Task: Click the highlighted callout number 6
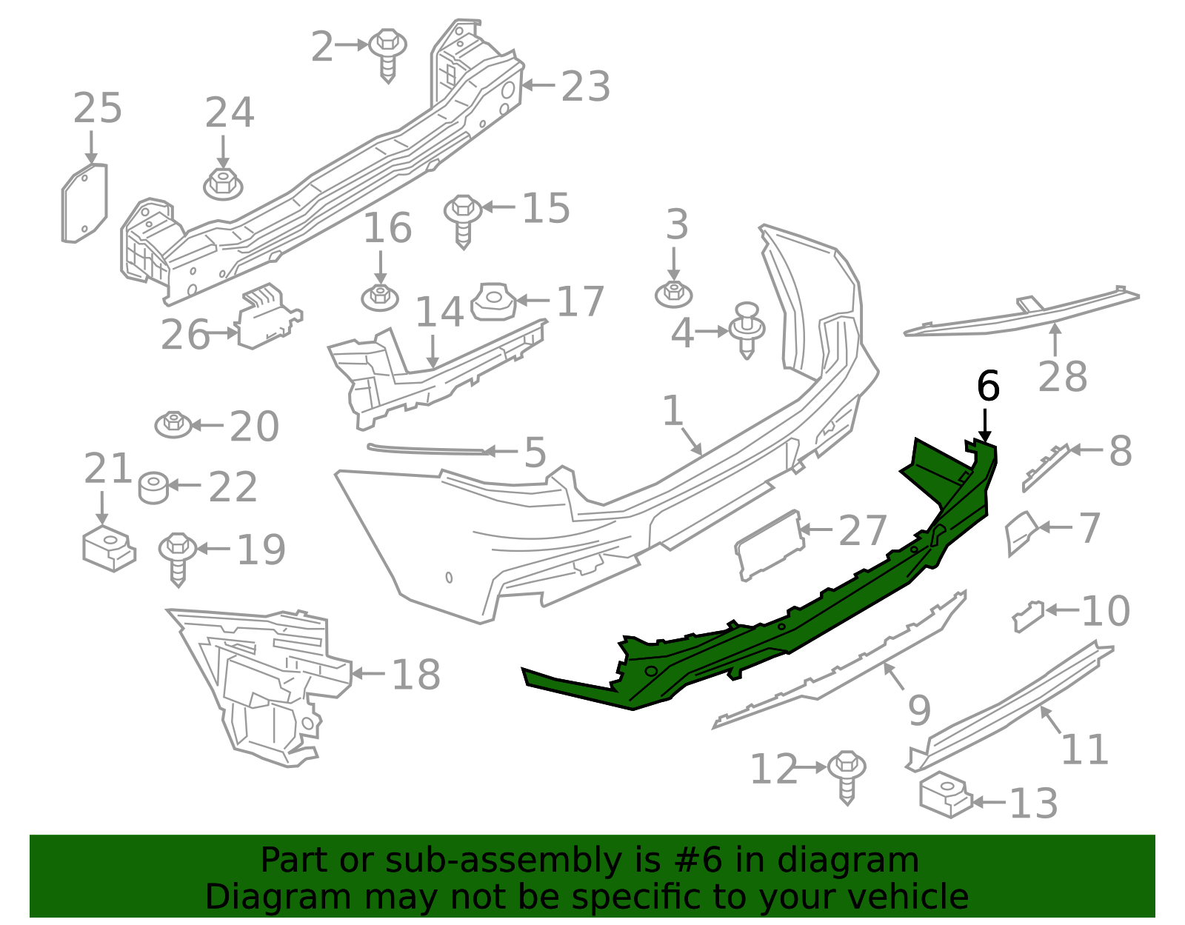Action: click(x=988, y=386)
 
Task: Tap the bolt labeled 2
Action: click(x=387, y=53)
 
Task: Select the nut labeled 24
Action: click(x=223, y=183)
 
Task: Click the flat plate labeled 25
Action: click(x=84, y=204)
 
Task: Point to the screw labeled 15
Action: click(x=464, y=219)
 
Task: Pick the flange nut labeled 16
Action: click(x=380, y=297)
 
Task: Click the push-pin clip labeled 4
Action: click(x=747, y=329)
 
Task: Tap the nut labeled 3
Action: click(x=674, y=293)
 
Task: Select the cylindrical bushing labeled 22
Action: click(x=154, y=487)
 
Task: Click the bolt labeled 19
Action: click(x=178, y=557)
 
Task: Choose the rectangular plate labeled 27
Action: click(x=769, y=544)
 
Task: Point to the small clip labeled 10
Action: click(x=1028, y=616)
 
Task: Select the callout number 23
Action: click(x=585, y=87)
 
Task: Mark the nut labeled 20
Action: click(x=173, y=424)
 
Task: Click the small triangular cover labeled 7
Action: click(x=1021, y=532)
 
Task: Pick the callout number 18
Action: click(x=415, y=675)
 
